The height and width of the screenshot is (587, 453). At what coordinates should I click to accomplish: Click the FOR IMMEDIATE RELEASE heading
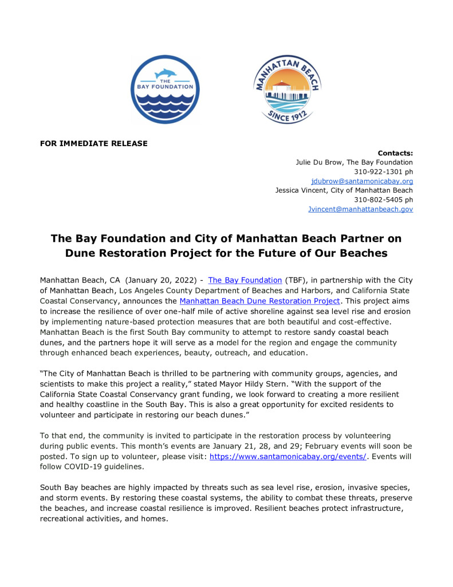94,143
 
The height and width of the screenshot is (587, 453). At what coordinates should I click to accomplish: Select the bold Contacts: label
395,153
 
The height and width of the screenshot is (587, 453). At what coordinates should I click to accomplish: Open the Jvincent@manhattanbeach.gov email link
360,209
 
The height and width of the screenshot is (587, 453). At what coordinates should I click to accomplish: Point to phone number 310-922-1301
375,171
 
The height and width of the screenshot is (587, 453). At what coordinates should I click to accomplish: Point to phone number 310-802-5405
375,199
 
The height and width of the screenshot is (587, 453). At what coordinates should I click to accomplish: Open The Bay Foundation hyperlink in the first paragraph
245,280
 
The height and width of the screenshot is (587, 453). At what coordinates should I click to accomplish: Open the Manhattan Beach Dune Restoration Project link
259,300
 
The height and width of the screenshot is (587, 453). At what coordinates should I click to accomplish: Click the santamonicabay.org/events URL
287,456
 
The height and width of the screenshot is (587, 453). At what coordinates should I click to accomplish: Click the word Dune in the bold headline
85,252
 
